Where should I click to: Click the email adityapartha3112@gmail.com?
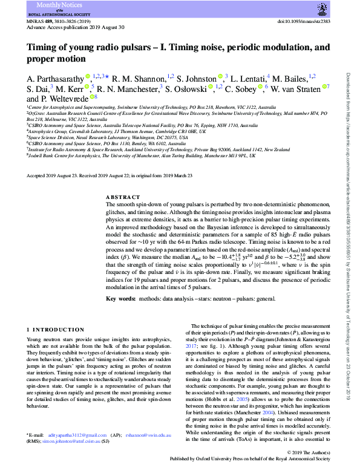[81, 452]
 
